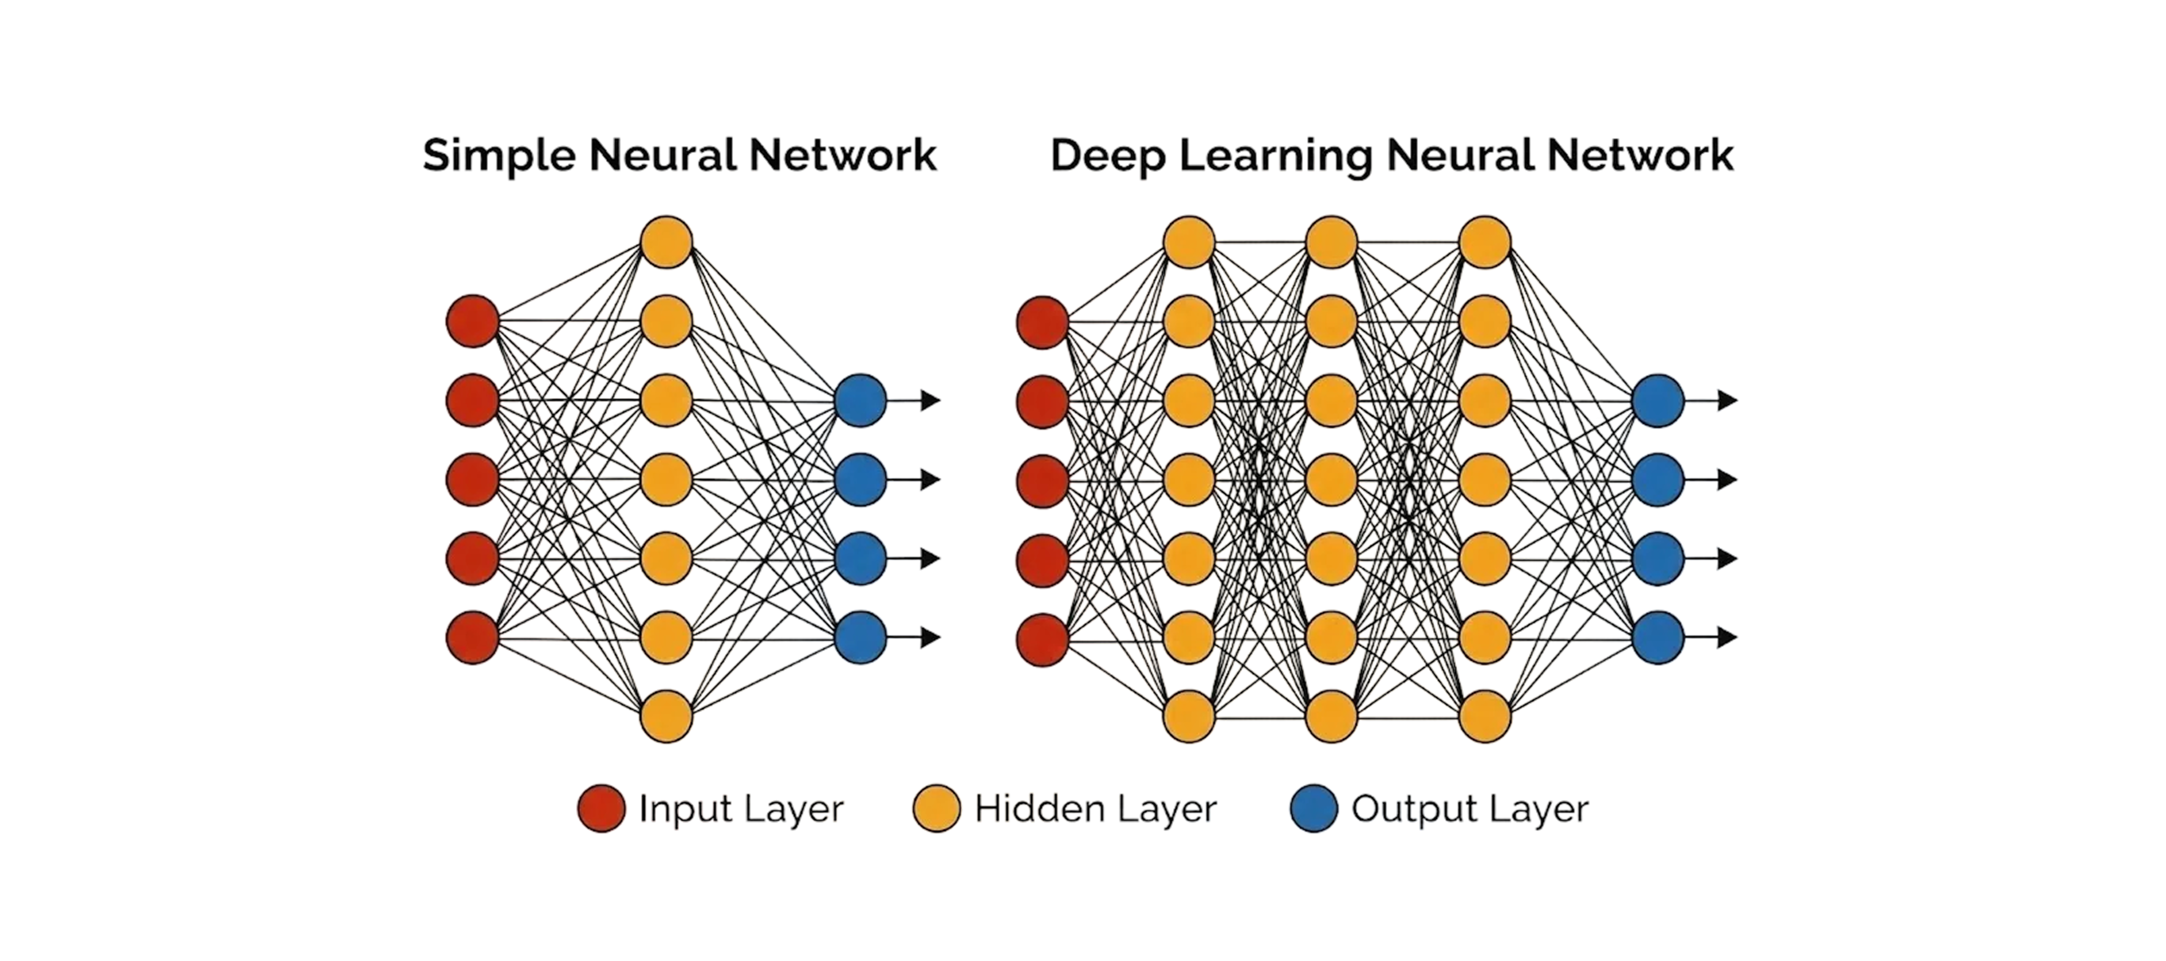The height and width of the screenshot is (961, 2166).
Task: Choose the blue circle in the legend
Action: click(x=1313, y=809)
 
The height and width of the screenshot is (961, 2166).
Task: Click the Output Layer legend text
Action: click(x=1470, y=809)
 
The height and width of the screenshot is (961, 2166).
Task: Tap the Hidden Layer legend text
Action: click(x=1095, y=809)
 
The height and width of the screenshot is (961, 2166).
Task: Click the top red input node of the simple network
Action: click(x=472, y=321)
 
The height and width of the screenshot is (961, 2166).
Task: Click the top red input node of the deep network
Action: click(x=1043, y=322)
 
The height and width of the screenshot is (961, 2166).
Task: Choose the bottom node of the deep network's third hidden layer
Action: click(x=1485, y=716)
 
